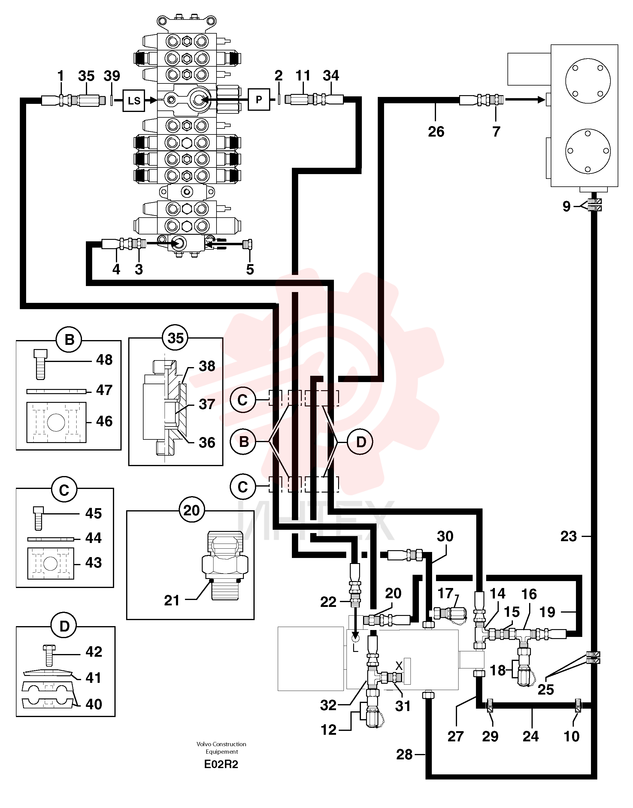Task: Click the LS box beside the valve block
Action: pyautogui.click(x=134, y=100)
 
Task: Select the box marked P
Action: pyautogui.click(x=259, y=99)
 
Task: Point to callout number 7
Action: pyautogui.click(x=496, y=131)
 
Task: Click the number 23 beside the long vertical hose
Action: pyautogui.click(x=568, y=536)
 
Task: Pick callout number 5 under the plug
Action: pyautogui.click(x=250, y=269)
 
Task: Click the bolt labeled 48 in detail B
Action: pyautogui.click(x=40, y=364)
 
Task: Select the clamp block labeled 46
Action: pyautogui.click(x=56, y=422)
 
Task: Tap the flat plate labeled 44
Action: pyautogui.click(x=51, y=539)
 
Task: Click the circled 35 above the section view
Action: pyautogui.click(x=176, y=338)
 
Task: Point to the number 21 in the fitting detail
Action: pyautogui.click(x=171, y=601)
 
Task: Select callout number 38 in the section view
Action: pyautogui.click(x=207, y=366)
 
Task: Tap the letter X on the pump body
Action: pyautogui.click(x=399, y=666)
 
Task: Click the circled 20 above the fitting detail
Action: pyautogui.click(x=191, y=510)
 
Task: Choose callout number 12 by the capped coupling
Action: pyautogui.click(x=328, y=730)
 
